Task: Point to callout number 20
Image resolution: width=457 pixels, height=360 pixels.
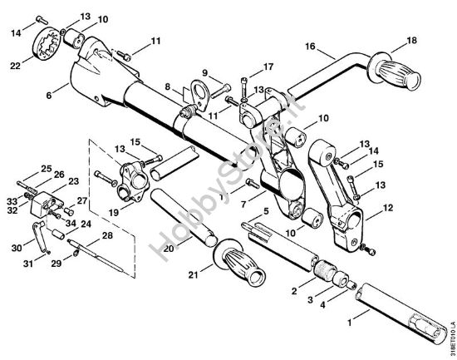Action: (169, 247)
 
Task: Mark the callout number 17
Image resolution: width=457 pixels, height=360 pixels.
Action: (268, 67)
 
